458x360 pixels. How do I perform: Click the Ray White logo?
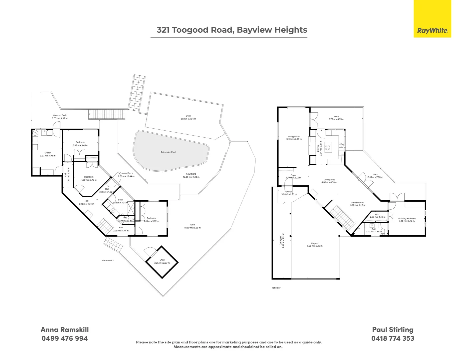[432, 30]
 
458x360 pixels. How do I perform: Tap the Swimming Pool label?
[168, 152]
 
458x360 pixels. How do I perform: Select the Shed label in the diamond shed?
[162, 260]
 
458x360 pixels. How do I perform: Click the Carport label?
[315, 243]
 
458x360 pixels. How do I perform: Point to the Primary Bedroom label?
[407, 219]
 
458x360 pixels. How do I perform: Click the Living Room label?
[294, 136]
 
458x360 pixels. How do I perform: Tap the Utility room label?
[48, 153]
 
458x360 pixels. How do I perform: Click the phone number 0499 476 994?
[65, 338]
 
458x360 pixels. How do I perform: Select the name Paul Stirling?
[393, 329]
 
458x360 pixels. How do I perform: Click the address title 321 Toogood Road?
[232, 30]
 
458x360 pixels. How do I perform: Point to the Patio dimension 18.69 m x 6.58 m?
[192, 228]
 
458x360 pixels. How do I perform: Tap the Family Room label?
[357, 203]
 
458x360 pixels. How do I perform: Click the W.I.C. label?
[378, 214]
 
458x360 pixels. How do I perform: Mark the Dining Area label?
[329, 180]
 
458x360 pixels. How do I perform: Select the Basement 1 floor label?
[108, 261]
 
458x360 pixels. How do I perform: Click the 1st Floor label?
[276, 288]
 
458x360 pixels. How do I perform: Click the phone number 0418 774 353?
[393, 338]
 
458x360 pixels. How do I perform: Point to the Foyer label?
[293, 175]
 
